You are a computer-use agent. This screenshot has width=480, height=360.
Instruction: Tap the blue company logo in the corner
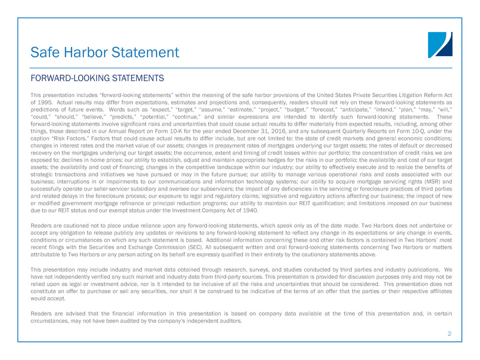tap(440, 44)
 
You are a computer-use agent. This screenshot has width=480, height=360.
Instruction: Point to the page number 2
tap(449, 334)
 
